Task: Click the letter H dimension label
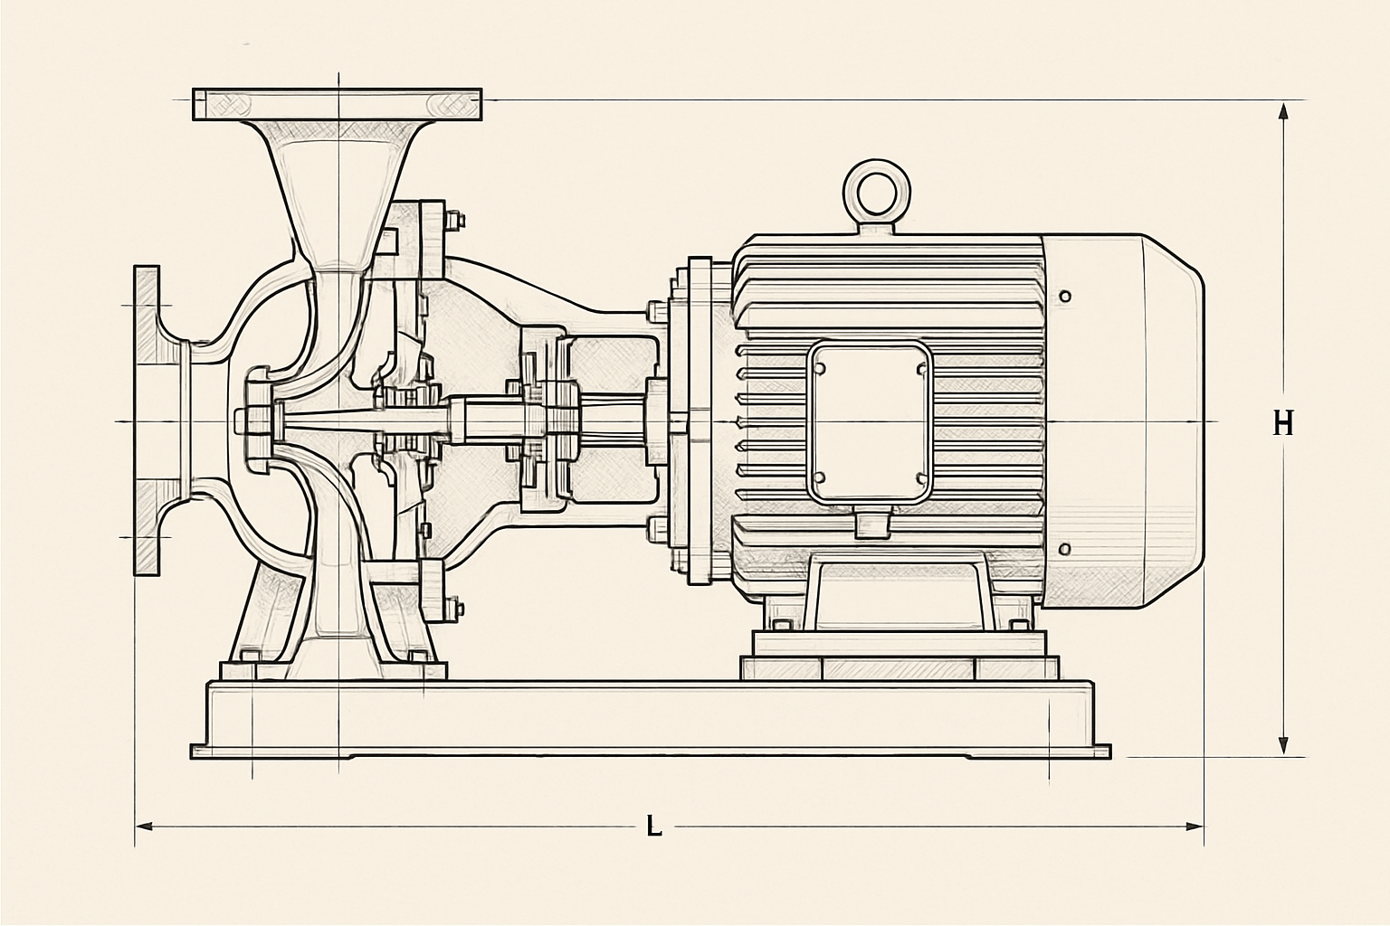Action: (1282, 424)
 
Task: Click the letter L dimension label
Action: (653, 827)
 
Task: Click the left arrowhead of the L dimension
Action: (144, 827)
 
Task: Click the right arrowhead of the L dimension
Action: (1195, 827)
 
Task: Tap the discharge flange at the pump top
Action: (337, 104)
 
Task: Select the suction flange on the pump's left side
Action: (147, 421)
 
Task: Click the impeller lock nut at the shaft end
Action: (255, 421)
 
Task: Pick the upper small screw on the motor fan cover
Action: (1065, 296)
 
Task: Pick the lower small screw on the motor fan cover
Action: (1065, 549)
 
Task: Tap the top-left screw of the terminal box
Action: (819, 368)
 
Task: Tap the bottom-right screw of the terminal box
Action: (921, 478)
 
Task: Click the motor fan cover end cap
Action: (1122, 421)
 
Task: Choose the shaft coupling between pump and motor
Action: (546, 421)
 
